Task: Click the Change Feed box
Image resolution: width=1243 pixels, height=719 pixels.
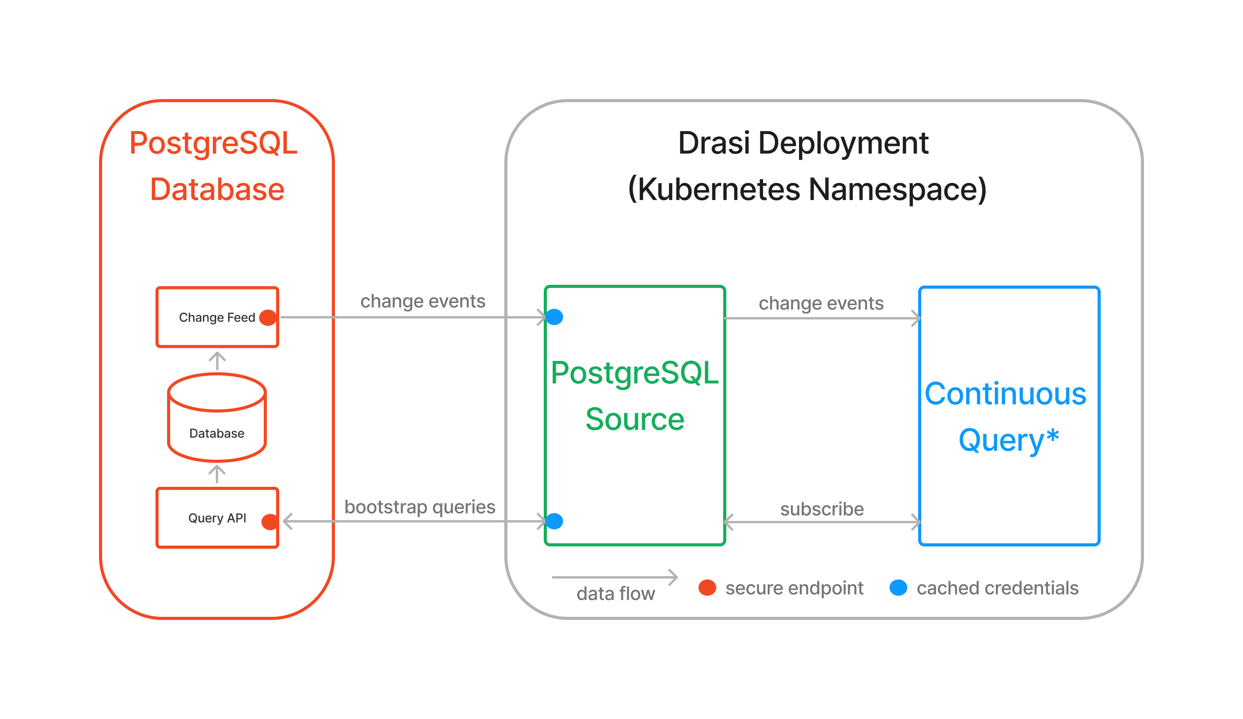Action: tap(217, 317)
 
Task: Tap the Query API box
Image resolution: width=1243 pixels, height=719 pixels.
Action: tap(217, 518)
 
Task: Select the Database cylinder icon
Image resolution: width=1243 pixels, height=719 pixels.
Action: tap(217, 418)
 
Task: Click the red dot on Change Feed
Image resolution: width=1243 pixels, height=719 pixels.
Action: tap(268, 317)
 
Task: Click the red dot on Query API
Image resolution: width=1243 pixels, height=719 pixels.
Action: tap(270, 522)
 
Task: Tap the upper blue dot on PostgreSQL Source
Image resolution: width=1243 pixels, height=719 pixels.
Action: tap(555, 317)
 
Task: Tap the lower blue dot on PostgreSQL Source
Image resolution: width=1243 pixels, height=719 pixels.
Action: tap(555, 521)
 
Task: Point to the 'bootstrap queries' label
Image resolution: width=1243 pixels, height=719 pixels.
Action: tap(420, 507)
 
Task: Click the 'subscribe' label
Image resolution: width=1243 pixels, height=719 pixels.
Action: tap(822, 509)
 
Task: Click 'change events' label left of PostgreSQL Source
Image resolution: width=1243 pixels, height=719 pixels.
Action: tap(423, 301)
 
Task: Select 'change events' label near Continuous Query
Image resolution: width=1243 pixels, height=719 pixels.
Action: tap(821, 303)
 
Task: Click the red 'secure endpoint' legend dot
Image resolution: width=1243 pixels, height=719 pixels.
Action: tap(707, 588)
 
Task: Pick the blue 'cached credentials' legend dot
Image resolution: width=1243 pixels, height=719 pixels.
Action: tap(898, 588)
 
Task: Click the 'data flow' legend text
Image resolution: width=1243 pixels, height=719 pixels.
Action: tap(616, 594)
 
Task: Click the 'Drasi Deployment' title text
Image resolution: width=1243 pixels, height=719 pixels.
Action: tap(803, 143)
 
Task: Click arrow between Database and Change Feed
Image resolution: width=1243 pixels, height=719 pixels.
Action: tap(217, 361)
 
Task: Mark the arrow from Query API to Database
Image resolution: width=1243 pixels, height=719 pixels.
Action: tap(217, 474)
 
